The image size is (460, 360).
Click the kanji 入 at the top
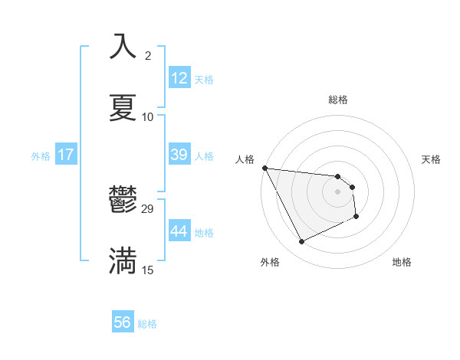(123, 47)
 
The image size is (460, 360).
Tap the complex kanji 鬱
(123, 200)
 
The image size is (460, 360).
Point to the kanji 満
(123, 260)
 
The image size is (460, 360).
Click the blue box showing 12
(179, 78)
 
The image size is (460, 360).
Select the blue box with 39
(179, 155)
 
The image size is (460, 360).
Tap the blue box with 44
(179, 231)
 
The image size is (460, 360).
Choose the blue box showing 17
(66, 155)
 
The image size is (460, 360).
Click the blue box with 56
(123, 322)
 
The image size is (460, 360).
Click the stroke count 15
(148, 270)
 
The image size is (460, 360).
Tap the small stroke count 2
(148, 56)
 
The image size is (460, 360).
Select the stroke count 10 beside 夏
(148, 116)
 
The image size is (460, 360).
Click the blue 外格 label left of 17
(41, 155)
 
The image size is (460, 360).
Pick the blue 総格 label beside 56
(147, 323)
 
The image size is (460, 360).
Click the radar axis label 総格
(338, 100)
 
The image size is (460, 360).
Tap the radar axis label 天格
(432, 159)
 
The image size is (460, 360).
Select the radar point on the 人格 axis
(264, 168)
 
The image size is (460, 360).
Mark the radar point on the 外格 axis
(301, 242)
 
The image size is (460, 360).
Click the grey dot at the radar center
(338, 191)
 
